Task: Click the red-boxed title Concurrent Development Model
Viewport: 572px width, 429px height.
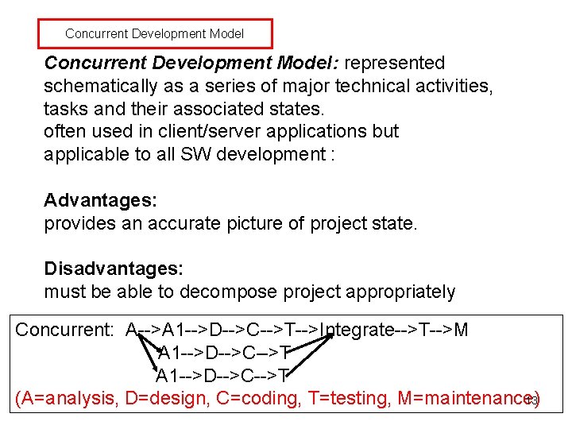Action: click(x=154, y=34)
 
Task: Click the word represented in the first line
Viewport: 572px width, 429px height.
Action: click(x=395, y=63)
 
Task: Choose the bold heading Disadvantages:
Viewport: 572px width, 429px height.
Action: click(x=114, y=269)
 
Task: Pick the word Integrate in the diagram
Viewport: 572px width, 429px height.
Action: click(x=356, y=330)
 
